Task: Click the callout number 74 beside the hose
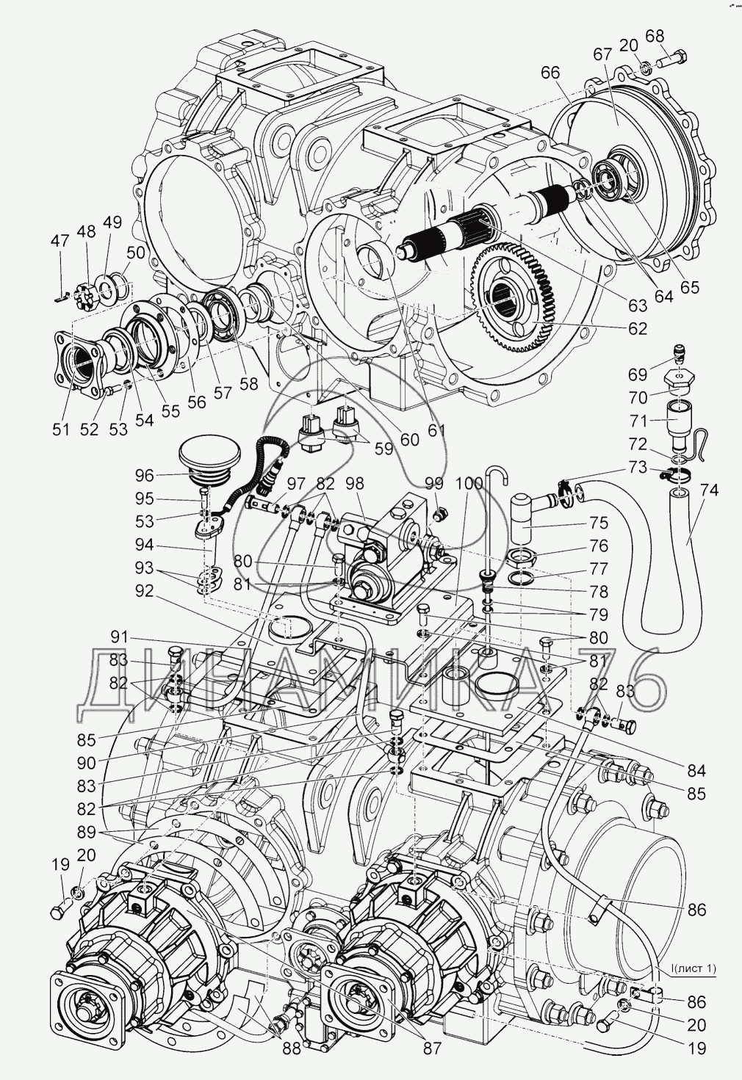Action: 708,490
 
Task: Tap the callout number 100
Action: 469,484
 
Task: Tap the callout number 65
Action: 689,287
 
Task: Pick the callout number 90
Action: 87,762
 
